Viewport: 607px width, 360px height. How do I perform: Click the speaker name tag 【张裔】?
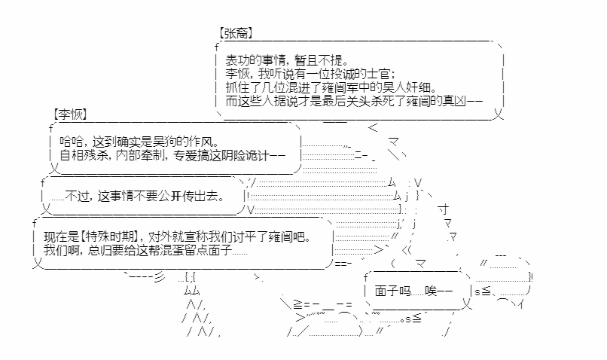tap(236, 33)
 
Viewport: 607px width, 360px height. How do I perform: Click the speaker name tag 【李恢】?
tap(70, 114)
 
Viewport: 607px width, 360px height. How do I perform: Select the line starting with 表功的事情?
tap(287, 60)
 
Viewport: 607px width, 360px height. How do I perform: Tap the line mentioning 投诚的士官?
tap(310, 74)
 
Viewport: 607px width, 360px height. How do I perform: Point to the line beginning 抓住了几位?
tap(331, 87)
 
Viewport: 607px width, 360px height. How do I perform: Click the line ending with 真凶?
tap(354, 101)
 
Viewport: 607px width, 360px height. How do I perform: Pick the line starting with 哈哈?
tap(139, 142)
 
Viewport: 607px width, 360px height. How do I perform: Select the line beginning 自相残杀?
tap(172, 155)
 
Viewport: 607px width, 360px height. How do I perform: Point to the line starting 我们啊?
tap(145, 250)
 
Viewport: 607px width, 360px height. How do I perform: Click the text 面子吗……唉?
tap(413, 291)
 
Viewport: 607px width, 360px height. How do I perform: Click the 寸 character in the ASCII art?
tap(444, 209)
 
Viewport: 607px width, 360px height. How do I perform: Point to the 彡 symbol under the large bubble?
tap(160, 277)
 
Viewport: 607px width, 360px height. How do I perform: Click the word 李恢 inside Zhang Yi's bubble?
tap(237, 74)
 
